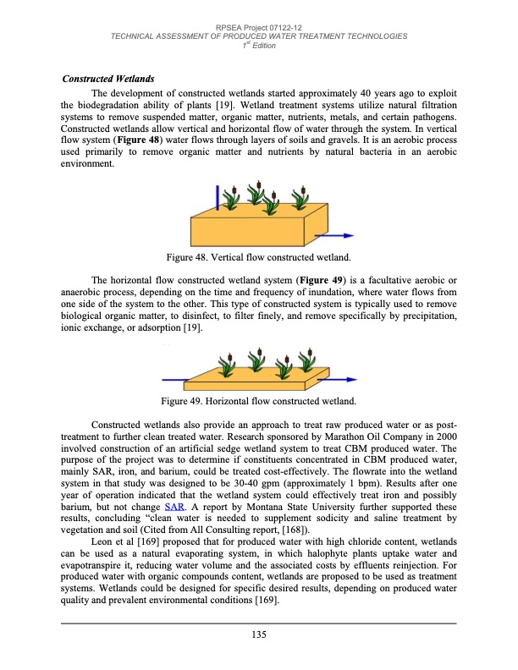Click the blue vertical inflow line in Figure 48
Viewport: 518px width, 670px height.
(218, 198)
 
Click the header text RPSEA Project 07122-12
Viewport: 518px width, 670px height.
(259, 28)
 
